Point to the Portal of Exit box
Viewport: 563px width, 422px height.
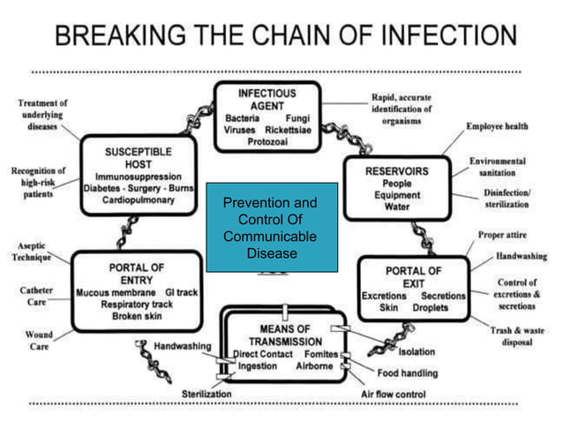413,288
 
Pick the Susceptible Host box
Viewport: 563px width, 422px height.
139,175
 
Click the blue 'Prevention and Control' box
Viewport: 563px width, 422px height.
271,228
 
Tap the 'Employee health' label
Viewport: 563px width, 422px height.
498,126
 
